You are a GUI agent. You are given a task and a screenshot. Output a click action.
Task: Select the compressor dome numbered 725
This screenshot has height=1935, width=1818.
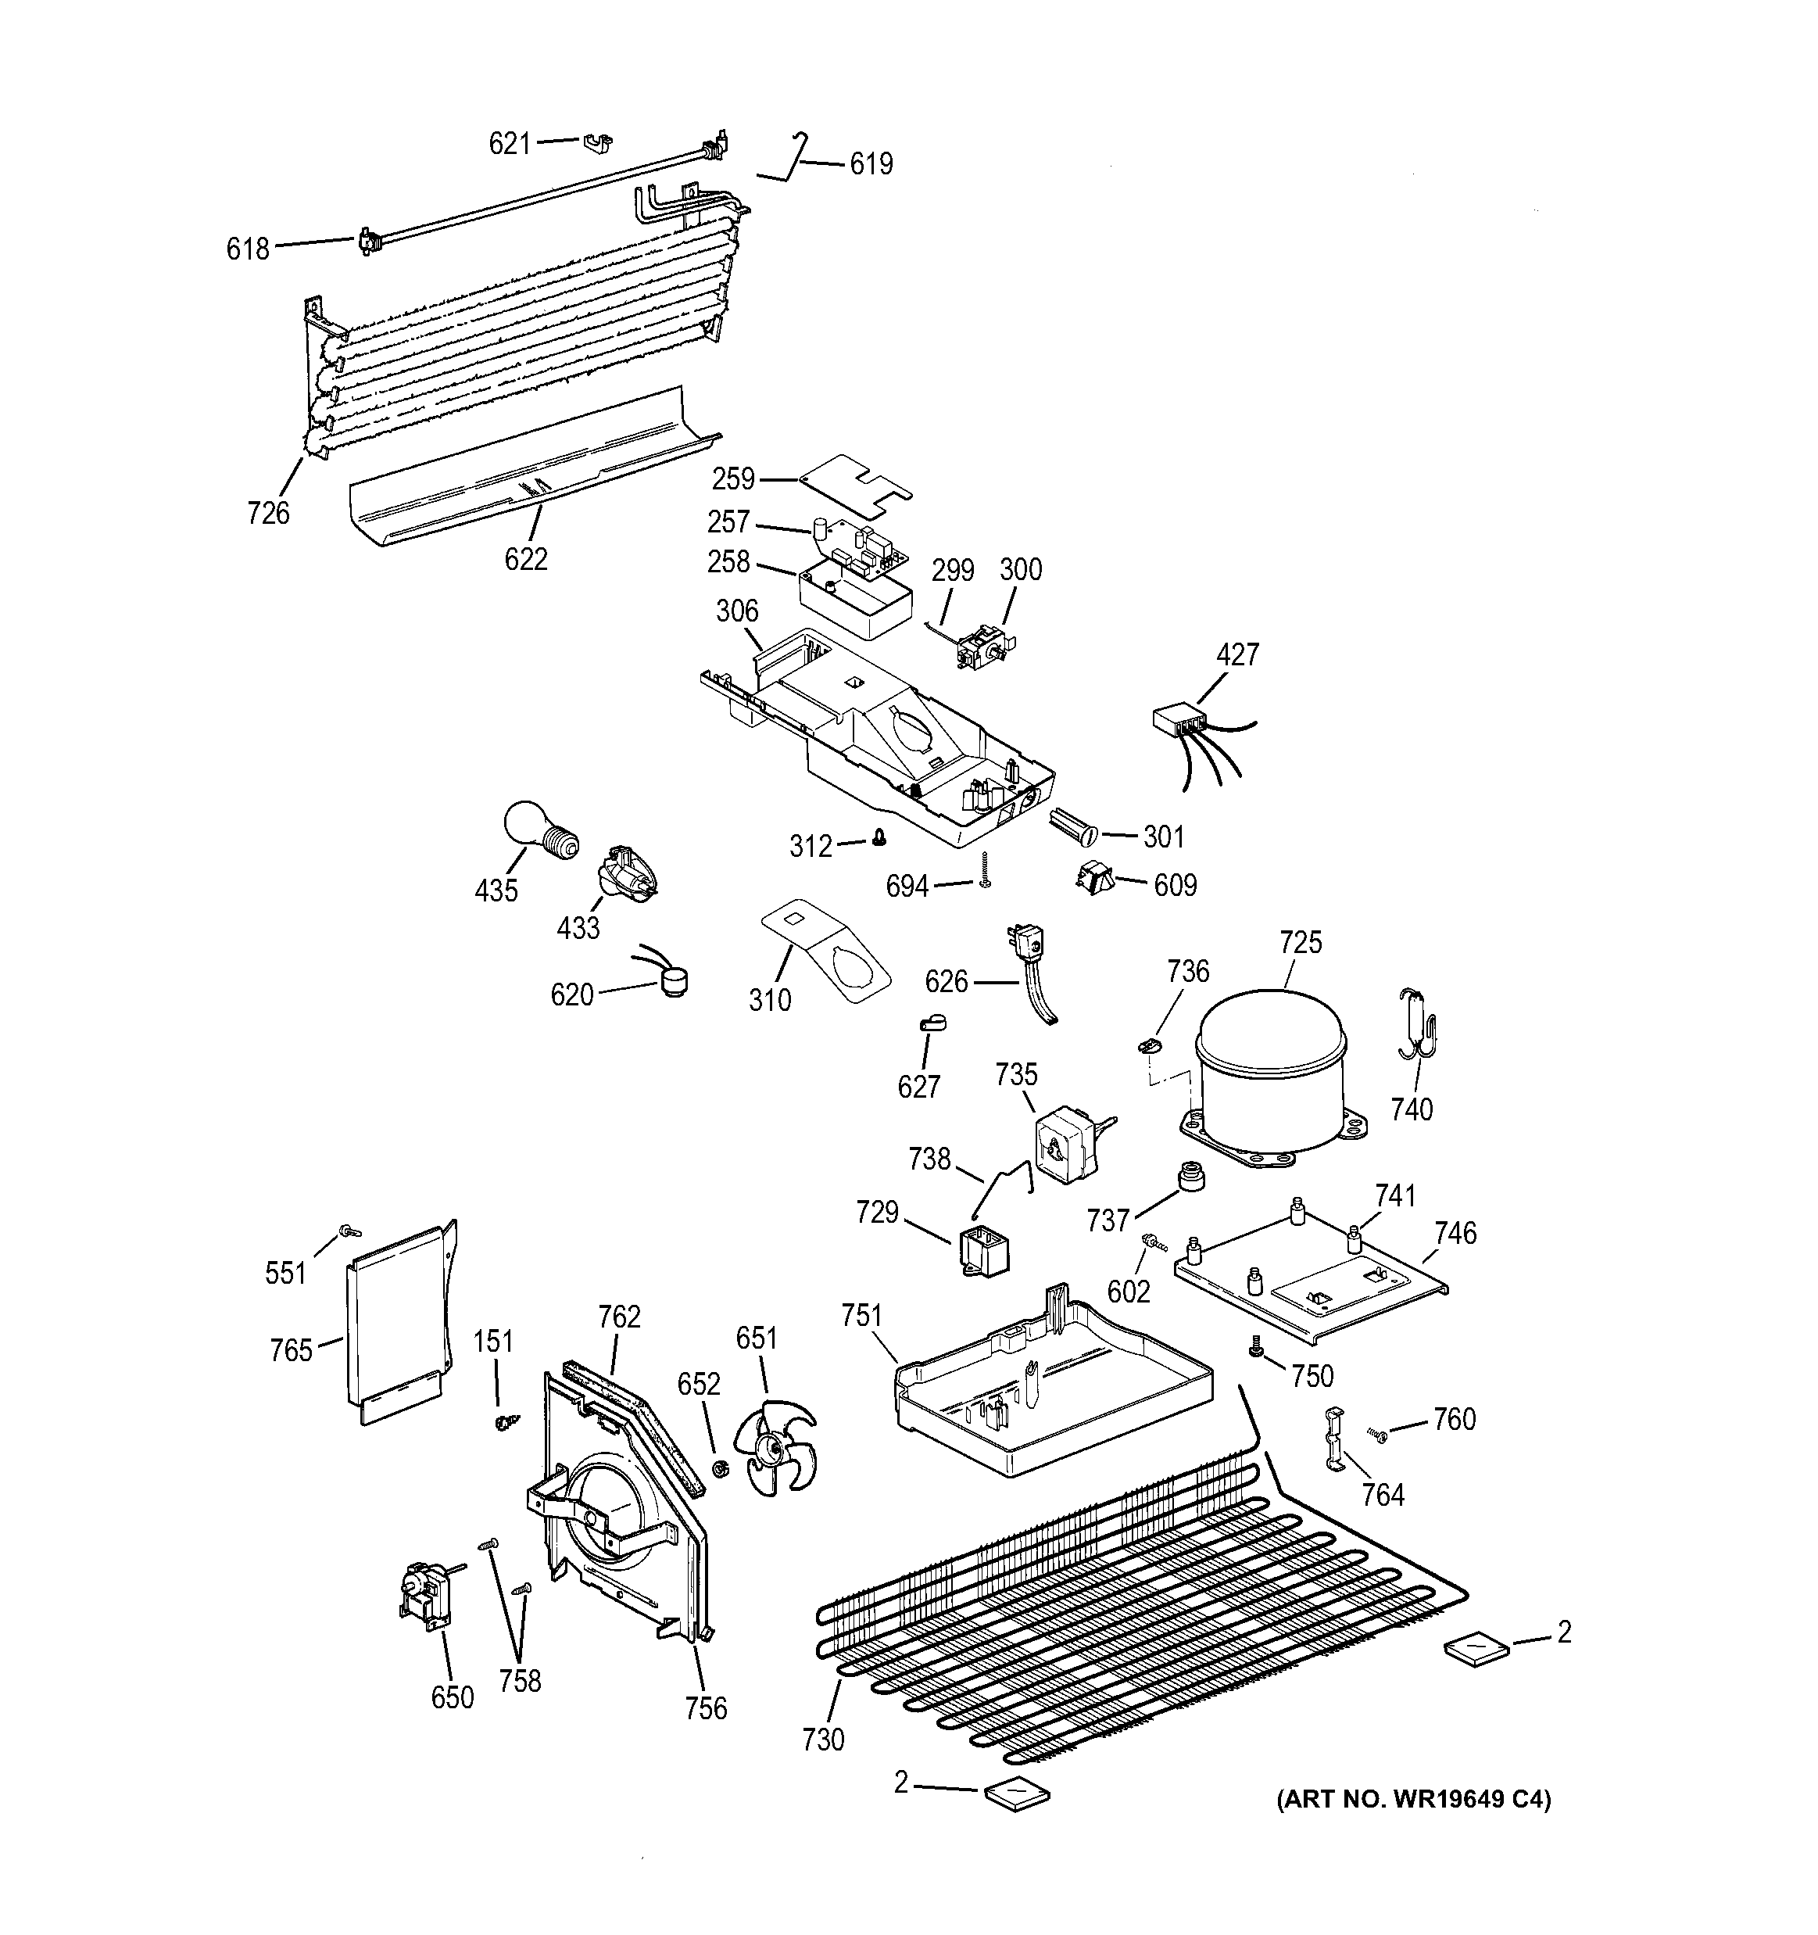pos(1270,1070)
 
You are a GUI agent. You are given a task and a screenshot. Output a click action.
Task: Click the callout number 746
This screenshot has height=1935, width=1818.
pos(1455,1233)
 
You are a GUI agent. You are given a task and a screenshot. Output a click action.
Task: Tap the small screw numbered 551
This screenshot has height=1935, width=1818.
pos(345,1232)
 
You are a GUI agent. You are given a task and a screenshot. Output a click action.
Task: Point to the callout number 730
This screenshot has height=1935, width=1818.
pos(823,1740)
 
